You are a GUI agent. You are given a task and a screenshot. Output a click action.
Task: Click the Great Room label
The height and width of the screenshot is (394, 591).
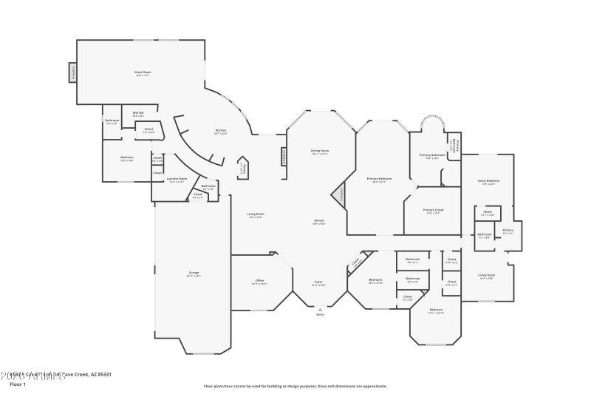[143, 72]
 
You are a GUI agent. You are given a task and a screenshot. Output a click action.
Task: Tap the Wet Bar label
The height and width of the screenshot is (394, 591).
[138, 113]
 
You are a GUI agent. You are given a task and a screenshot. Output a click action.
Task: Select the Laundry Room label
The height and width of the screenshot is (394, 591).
[177, 179]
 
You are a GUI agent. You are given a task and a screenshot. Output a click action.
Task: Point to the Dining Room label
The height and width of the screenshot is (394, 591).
[320, 151]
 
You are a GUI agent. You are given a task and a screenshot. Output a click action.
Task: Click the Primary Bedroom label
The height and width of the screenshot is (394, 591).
[380, 179]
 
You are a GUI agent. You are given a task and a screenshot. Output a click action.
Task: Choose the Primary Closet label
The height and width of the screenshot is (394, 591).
[434, 210]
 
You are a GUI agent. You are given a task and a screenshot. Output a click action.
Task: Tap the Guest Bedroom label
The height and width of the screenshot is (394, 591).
[488, 181]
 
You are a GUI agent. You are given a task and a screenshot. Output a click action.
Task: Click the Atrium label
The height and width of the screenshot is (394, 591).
[319, 221]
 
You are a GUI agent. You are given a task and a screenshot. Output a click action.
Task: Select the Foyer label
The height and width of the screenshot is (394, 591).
[318, 282]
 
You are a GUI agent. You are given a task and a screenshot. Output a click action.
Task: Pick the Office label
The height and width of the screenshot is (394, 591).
[260, 281]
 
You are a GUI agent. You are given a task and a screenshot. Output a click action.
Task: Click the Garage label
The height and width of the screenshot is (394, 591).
[194, 274]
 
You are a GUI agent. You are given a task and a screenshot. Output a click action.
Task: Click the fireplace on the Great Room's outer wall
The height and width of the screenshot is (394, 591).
[73, 72]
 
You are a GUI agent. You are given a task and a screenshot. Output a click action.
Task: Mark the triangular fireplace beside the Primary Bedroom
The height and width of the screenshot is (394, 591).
[341, 195]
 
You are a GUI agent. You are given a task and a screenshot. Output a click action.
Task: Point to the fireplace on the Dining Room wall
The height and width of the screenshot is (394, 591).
[282, 157]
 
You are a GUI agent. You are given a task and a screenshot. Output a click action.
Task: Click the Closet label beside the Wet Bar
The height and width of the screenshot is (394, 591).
[148, 130]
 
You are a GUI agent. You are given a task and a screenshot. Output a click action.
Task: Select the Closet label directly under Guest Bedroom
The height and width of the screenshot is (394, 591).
[488, 213]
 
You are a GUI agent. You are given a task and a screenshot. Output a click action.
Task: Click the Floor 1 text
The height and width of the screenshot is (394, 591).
[18, 384]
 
